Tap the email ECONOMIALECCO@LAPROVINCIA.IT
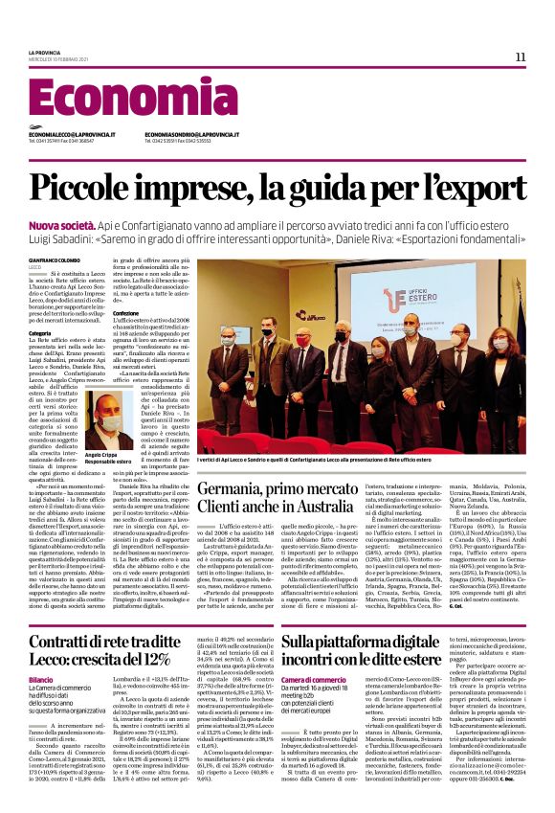point(72,135)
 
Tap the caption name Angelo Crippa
point(100,454)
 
